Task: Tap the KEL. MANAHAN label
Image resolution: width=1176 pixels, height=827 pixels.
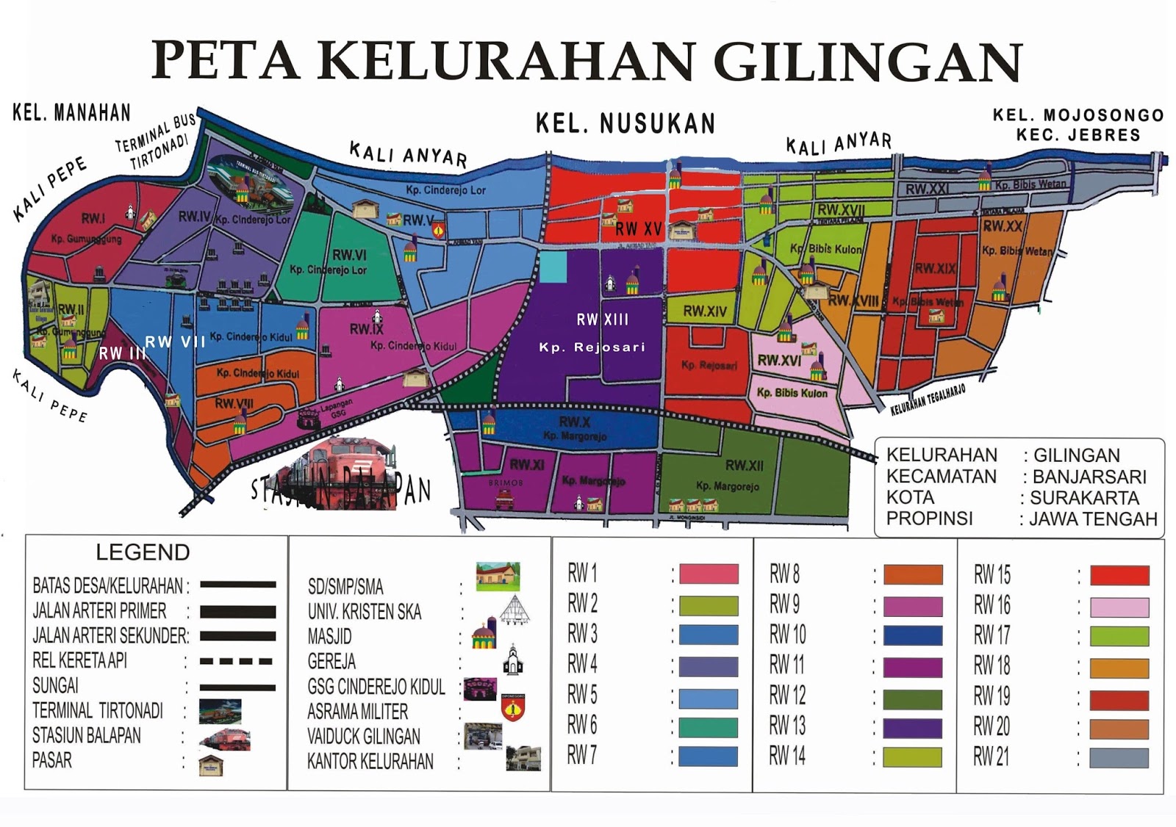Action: (71, 112)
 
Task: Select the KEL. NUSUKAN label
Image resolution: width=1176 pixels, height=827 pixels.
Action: (625, 123)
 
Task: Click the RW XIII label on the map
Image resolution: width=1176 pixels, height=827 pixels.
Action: (602, 319)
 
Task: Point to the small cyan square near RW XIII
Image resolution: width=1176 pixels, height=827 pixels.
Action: (553, 267)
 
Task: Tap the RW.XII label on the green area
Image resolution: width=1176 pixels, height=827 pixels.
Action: (744, 465)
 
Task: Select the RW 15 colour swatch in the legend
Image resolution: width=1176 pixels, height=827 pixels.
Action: (1119, 575)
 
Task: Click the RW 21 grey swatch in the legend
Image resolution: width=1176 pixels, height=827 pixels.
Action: (1119, 758)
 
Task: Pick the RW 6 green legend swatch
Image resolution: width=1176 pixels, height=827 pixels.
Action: (708, 727)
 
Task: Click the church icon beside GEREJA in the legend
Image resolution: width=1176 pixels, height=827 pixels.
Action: (512, 660)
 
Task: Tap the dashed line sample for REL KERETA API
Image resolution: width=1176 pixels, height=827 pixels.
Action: (237, 661)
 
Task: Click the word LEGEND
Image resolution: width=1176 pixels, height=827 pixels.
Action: (143, 552)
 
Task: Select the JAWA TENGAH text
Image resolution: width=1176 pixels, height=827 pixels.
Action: (1092, 519)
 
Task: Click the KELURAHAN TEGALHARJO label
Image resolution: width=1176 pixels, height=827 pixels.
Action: (928, 400)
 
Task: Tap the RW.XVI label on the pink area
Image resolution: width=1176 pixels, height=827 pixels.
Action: (779, 360)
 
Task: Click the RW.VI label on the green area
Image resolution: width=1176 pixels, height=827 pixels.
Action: (349, 255)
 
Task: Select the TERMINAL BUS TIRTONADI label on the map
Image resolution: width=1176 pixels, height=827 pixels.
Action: (157, 142)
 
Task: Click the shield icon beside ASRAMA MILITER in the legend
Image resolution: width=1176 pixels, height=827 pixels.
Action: (512, 708)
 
